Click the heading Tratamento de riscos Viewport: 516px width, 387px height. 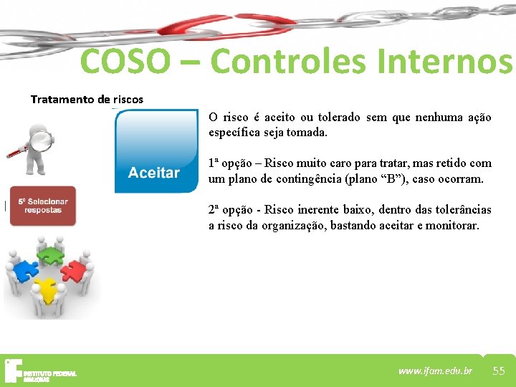[87, 99]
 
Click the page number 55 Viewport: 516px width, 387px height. [499, 371]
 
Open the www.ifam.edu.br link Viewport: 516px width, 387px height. [435, 371]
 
